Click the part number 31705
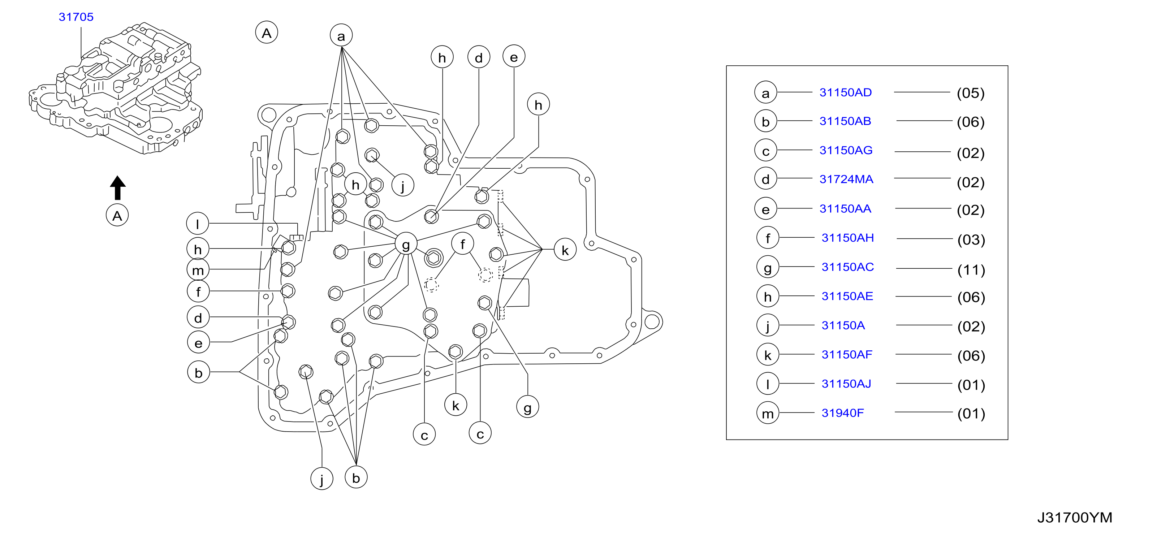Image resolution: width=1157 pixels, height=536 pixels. tap(76, 17)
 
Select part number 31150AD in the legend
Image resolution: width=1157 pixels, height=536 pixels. tap(845, 92)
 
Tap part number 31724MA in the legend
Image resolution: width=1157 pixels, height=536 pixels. tap(846, 179)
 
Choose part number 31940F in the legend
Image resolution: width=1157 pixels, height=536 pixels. tap(843, 413)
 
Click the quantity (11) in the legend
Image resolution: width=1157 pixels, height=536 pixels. tap(971, 270)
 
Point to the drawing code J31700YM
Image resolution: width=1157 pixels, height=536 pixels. tap(1074, 518)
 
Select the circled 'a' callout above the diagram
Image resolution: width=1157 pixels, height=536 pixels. tap(341, 36)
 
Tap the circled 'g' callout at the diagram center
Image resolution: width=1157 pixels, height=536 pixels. tap(406, 245)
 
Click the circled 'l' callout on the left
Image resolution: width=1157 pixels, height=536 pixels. tap(198, 224)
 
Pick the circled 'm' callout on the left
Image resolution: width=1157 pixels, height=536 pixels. tap(198, 270)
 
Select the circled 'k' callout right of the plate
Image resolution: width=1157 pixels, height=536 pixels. tap(565, 250)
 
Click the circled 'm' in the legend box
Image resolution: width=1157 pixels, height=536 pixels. tap(768, 413)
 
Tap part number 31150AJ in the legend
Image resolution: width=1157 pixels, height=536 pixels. tap(846, 384)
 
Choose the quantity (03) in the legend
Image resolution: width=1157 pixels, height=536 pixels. tap(971, 240)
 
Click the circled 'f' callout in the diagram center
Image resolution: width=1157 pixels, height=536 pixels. tap(463, 244)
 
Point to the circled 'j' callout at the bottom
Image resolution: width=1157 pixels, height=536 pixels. tap(321, 479)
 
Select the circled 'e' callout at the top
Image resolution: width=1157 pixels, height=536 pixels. tap(514, 57)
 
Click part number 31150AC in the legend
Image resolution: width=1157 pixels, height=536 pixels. tap(847, 267)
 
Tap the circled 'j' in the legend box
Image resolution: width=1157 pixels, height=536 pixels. tap(768, 325)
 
